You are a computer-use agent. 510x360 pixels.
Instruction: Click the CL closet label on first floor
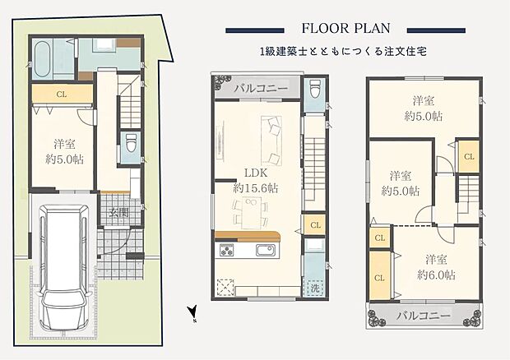tap(61, 94)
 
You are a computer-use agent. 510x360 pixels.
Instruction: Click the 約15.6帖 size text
tap(255, 188)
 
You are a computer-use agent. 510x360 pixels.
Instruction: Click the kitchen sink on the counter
tap(267, 251)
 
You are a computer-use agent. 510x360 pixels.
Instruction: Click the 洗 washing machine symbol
tap(313, 288)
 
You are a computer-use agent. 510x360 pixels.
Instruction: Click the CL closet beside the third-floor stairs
tap(468, 155)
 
